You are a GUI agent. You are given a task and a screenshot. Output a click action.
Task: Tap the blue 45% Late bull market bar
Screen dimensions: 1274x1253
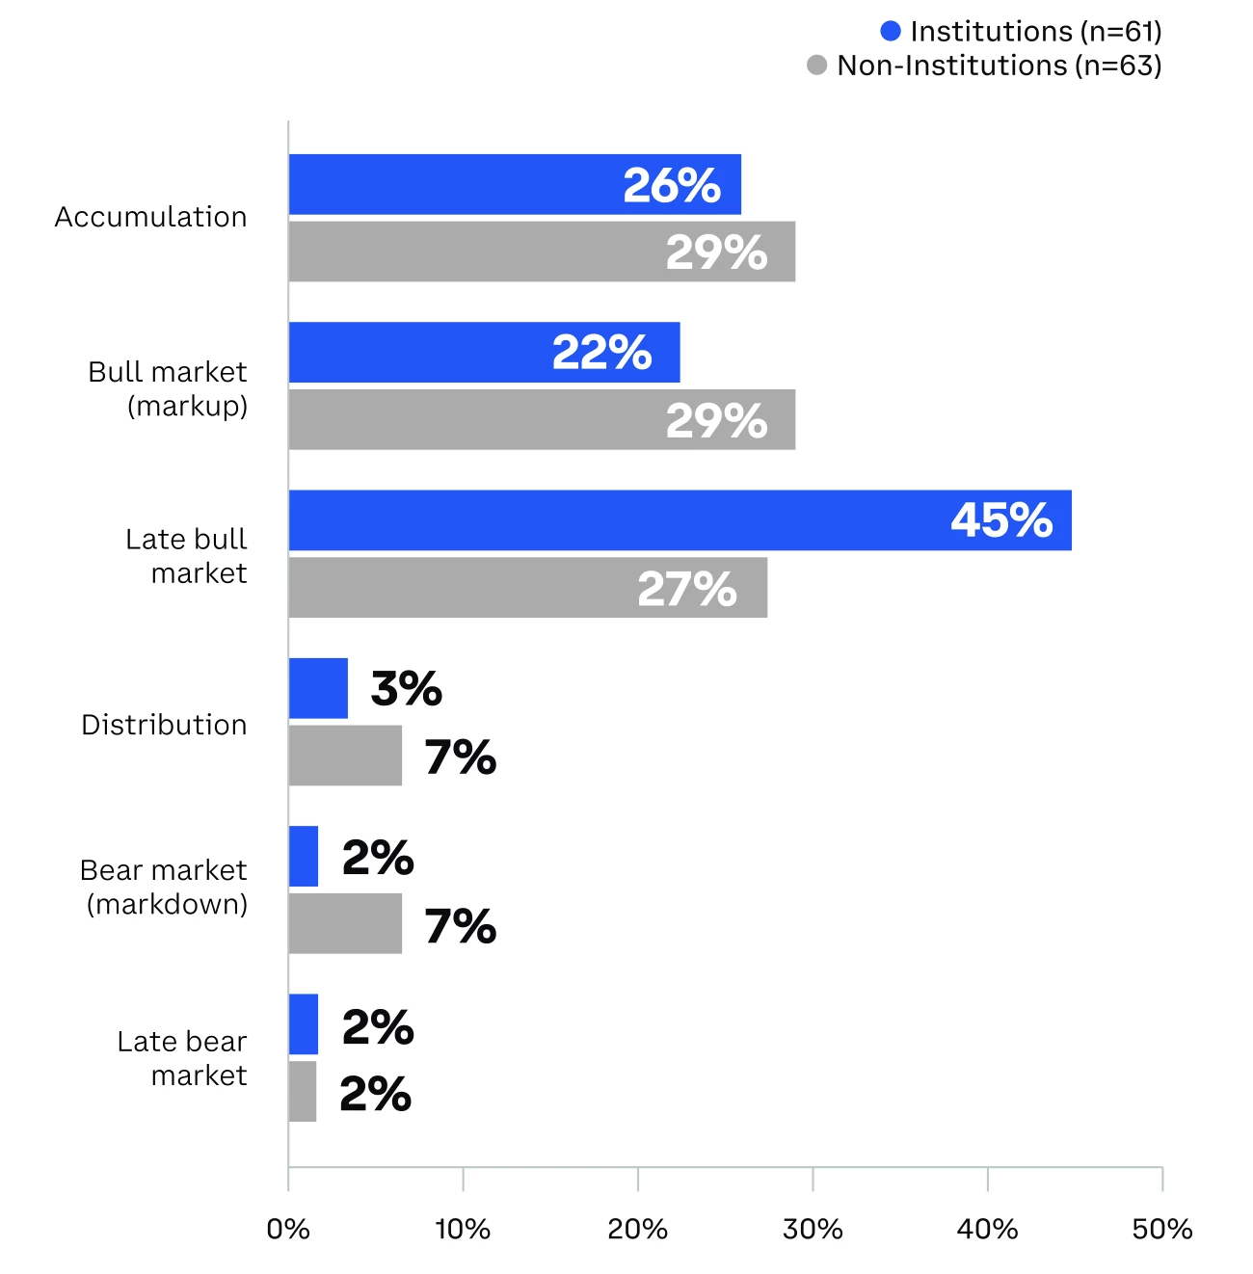click(x=617, y=520)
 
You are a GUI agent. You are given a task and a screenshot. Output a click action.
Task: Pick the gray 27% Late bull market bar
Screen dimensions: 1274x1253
click(x=463, y=588)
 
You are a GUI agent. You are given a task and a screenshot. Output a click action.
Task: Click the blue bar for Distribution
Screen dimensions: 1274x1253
click(x=318, y=688)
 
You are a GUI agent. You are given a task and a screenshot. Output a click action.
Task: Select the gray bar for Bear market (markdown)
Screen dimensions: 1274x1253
click(x=345, y=923)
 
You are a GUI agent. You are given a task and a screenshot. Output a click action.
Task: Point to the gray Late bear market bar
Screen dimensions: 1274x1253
click(x=303, y=1091)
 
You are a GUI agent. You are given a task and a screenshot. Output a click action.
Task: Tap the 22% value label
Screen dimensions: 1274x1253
click(x=601, y=353)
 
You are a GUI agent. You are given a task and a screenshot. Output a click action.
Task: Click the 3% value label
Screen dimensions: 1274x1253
click(x=406, y=688)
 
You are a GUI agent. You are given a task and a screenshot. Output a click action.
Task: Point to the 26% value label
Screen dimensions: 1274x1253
click(x=671, y=185)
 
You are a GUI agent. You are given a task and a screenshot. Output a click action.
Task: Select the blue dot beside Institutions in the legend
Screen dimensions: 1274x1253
click(x=891, y=32)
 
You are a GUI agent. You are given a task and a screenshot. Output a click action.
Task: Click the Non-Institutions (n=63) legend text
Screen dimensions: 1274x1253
click(x=999, y=66)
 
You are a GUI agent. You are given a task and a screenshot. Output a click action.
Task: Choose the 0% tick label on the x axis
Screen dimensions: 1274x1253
click(x=288, y=1229)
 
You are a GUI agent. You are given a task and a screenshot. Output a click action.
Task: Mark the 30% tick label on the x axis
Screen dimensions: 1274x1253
click(x=813, y=1229)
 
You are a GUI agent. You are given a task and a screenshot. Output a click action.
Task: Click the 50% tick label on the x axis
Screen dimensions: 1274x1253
click(x=1161, y=1229)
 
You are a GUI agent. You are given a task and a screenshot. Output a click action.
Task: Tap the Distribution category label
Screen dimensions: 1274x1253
click(x=164, y=725)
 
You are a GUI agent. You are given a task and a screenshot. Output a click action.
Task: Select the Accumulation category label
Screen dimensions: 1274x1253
click(x=150, y=217)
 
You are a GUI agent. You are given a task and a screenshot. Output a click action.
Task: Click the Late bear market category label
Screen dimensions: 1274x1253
click(x=183, y=1058)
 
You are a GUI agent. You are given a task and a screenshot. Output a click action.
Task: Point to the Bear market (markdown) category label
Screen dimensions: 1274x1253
click(x=165, y=887)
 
